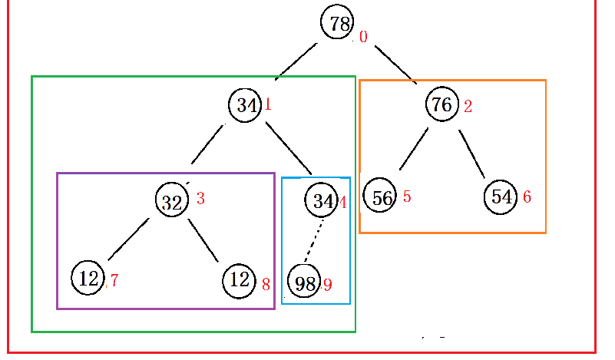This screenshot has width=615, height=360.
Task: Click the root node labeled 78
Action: tap(339, 23)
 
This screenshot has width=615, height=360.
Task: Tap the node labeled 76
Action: tap(442, 105)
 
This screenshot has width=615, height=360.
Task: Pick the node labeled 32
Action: tap(172, 201)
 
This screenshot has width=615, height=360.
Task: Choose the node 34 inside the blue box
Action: tap(322, 201)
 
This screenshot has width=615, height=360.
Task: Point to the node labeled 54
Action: tap(501, 197)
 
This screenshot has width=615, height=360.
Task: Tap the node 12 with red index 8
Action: tap(240, 279)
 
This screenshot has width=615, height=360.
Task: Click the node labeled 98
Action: tap(305, 283)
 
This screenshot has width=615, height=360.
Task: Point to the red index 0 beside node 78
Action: tap(363, 37)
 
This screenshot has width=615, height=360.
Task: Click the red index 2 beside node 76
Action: tap(468, 107)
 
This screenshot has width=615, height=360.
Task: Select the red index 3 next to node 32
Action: tap(200, 198)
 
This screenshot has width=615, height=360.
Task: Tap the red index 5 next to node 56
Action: tap(407, 197)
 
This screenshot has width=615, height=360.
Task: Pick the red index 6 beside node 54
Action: tap(527, 197)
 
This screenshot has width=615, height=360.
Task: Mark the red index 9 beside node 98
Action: tap(327, 285)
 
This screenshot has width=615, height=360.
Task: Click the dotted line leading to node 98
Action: tap(315, 241)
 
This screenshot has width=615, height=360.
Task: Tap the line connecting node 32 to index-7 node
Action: tap(128, 239)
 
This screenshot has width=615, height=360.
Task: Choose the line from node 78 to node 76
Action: tap(395, 64)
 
